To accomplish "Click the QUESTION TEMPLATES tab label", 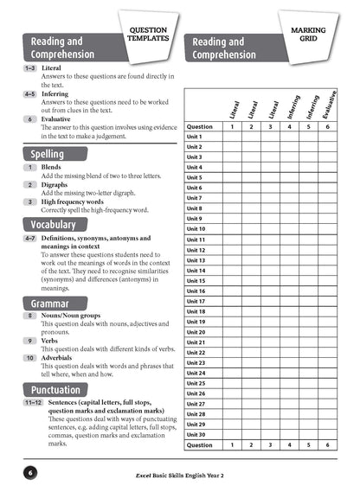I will point(148,34).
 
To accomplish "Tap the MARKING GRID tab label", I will point(307,34).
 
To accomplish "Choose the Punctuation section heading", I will point(56,390).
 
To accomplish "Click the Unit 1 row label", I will point(195,137).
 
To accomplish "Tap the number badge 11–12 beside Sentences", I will point(32,403).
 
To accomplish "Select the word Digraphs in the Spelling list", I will point(56,184).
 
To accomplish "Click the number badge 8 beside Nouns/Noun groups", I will point(29,316).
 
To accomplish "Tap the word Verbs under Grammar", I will point(51,341).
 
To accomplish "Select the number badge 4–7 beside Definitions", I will point(29,238).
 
